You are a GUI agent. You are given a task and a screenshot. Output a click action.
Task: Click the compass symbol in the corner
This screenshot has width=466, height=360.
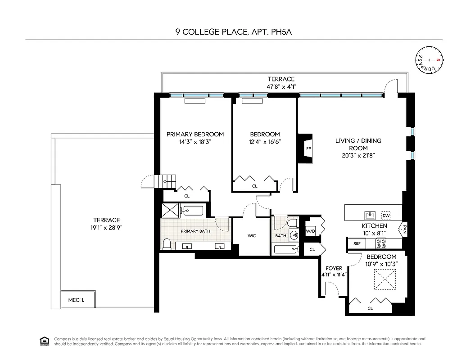click(x=430, y=60)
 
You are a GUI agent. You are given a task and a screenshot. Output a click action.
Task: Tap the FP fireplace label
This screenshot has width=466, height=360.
click(x=308, y=148)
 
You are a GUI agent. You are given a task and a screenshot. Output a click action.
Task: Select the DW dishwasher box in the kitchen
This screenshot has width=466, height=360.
click(x=386, y=214)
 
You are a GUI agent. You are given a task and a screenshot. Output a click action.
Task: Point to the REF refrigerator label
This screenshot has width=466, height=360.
click(x=357, y=243)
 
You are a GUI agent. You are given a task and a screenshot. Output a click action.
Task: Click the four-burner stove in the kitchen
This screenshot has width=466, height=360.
click(x=381, y=243)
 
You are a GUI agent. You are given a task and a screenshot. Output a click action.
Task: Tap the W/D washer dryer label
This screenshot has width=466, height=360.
click(x=311, y=232)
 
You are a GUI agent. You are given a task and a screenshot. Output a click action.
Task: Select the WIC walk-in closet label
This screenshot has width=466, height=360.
click(x=252, y=236)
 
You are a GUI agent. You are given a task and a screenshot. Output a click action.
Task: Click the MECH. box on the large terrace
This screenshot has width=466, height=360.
click(x=76, y=300)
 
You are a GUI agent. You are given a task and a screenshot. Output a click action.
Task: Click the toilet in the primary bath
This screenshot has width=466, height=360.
click(x=167, y=244)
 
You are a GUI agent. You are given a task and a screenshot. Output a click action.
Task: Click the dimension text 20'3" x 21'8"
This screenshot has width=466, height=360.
click(x=358, y=155)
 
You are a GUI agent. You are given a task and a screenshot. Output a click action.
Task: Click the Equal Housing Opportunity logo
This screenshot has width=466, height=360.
click(x=44, y=340)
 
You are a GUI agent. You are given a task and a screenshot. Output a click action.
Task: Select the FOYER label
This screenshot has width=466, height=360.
click(x=334, y=268)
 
